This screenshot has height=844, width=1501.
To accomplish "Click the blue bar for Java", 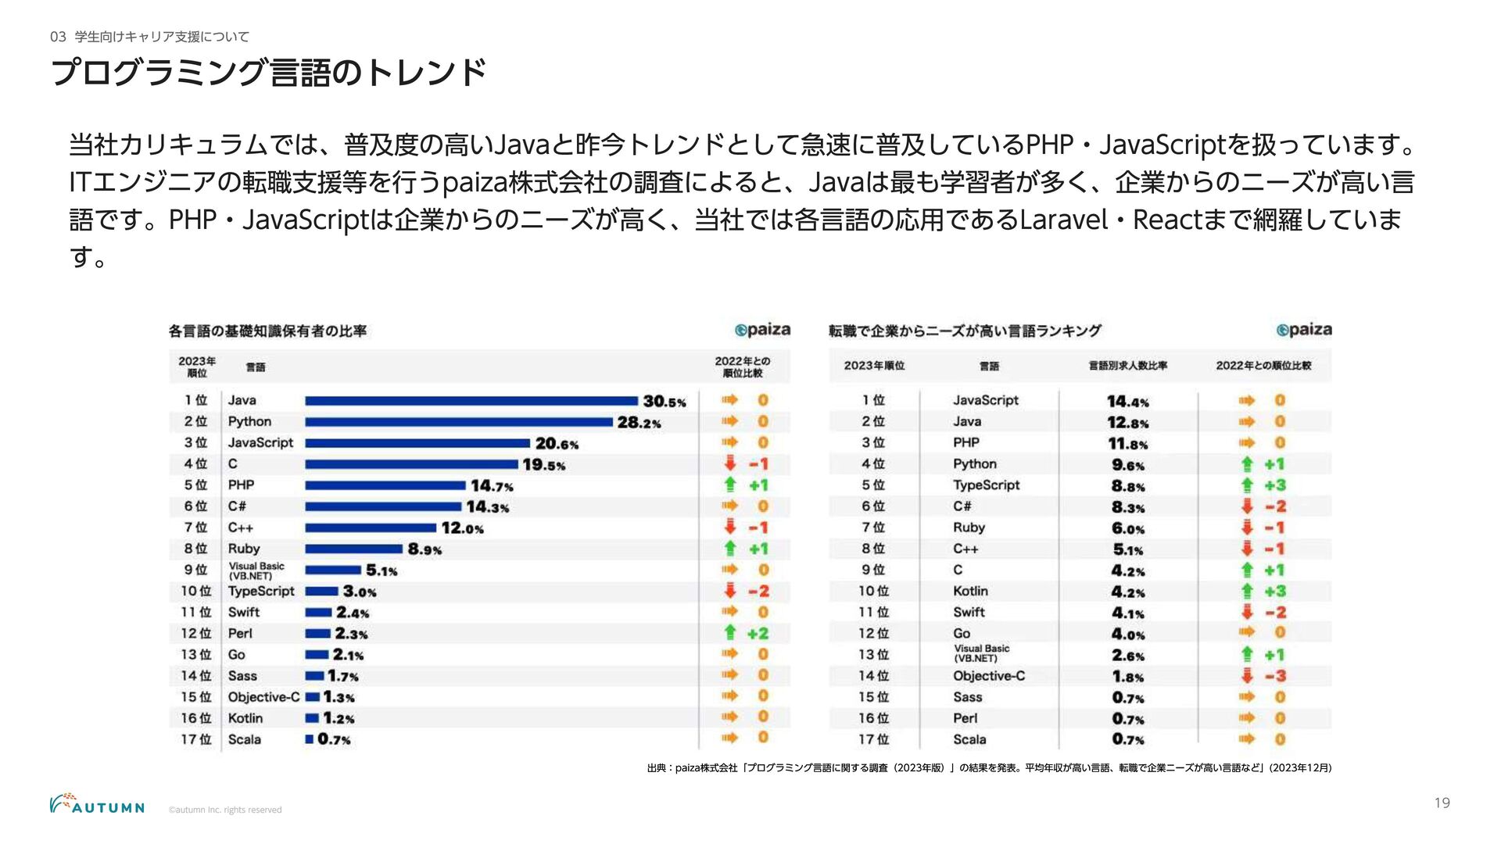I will pyautogui.click(x=471, y=401).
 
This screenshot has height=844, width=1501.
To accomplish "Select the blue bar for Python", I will pyautogui.click(x=459, y=422).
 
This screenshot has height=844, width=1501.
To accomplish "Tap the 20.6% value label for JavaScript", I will pyautogui.click(x=557, y=444).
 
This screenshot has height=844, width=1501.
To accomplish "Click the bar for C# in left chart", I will pyautogui.click(x=383, y=506).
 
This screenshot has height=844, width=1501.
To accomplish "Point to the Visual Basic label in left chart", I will pyautogui.click(x=256, y=570).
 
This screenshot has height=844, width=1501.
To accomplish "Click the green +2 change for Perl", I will pyautogui.click(x=747, y=633).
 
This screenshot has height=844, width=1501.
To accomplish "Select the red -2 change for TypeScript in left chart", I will pyautogui.click(x=748, y=591).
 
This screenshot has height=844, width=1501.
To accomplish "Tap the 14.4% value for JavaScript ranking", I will pyautogui.click(x=1127, y=402).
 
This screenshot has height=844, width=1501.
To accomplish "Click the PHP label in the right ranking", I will pyautogui.click(x=966, y=442).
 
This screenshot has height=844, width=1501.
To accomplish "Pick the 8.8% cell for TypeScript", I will pyautogui.click(x=1128, y=486).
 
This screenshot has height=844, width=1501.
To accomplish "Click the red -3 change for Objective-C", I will pyautogui.click(x=1264, y=676).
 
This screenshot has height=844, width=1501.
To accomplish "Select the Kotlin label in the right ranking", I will pyautogui.click(x=970, y=591).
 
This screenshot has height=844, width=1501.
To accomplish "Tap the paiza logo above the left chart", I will pyautogui.click(x=762, y=330).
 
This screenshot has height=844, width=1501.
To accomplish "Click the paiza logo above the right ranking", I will pyautogui.click(x=1303, y=330).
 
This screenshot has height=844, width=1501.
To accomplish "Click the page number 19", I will pyautogui.click(x=1442, y=803).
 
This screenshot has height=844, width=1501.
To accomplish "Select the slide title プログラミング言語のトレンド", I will pyautogui.click(x=269, y=73).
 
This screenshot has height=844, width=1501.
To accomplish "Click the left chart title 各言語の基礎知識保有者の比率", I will pyautogui.click(x=267, y=331).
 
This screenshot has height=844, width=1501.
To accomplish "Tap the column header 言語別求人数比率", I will pyautogui.click(x=1127, y=366).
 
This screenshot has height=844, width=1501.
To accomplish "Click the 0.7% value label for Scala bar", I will pyautogui.click(x=334, y=739).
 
